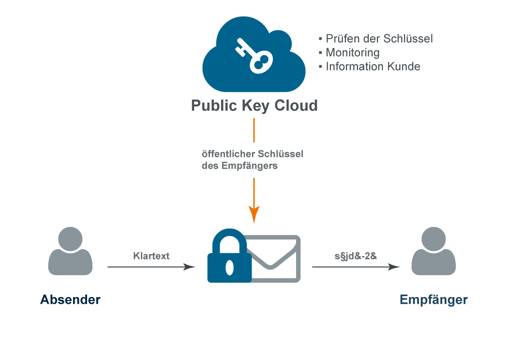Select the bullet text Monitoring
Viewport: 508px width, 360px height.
pyautogui.click(x=353, y=53)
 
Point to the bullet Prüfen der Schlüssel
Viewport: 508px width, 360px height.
pyautogui.click(x=379, y=39)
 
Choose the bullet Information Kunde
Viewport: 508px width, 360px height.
pyautogui.click(x=373, y=67)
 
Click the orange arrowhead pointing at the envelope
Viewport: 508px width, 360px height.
pyautogui.click(x=254, y=214)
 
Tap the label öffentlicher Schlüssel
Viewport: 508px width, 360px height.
pyautogui.click(x=252, y=154)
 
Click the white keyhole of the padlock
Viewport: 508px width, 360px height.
pyautogui.click(x=230, y=267)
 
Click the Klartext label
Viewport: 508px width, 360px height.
pyautogui.click(x=151, y=256)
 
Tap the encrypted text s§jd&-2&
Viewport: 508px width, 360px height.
pyautogui.click(x=356, y=256)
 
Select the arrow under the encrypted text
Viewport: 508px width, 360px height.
pyautogui.click(x=356, y=267)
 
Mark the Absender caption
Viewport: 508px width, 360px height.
pyautogui.click(x=70, y=300)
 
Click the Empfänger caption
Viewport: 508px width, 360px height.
pyautogui.click(x=433, y=300)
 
